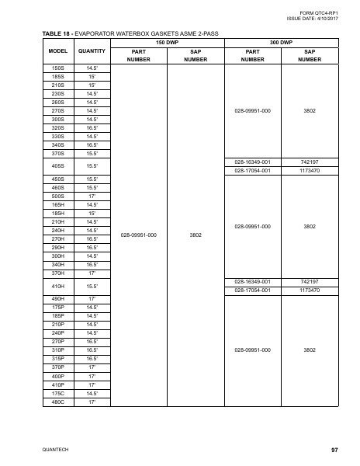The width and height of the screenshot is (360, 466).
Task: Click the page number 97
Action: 334,450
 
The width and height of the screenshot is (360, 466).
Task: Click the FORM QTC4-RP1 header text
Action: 320,12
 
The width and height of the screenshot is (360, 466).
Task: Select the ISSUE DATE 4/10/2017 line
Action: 313,19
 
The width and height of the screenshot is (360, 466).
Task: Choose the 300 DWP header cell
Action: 280,41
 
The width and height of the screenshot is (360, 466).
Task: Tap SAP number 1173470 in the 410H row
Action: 310,290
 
